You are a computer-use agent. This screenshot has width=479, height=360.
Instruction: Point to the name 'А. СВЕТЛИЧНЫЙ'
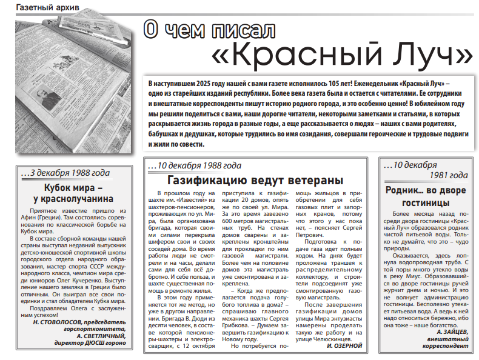(97, 336)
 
